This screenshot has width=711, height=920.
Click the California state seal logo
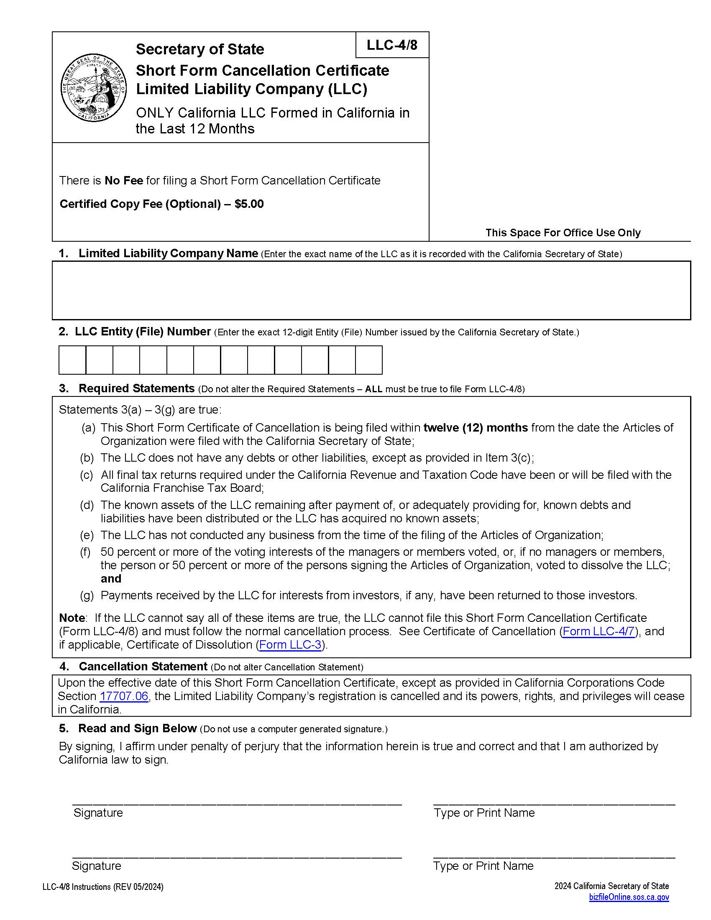click(x=93, y=88)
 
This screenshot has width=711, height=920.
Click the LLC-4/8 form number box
click(x=392, y=45)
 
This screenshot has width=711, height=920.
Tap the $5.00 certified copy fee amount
click(x=249, y=204)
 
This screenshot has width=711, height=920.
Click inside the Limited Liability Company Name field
click(x=371, y=290)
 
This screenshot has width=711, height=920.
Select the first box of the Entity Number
click(x=72, y=360)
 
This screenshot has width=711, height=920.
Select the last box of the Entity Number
click(x=368, y=360)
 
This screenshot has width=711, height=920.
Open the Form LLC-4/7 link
click(x=598, y=631)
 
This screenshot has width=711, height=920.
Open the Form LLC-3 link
click(x=290, y=644)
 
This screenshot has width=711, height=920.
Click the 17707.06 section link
click(x=124, y=696)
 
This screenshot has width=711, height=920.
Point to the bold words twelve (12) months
click(x=475, y=427)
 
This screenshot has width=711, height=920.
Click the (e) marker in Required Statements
click(x=87, y=535)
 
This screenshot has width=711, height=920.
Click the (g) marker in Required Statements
click(x=87, y=595)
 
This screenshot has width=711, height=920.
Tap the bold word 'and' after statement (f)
click(x=111, y=579)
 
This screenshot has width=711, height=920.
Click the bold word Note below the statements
click(x=72, y=618)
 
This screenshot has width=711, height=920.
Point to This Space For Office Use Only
click(x=562, y=233)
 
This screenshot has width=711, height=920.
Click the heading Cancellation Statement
click(x=143, y=667)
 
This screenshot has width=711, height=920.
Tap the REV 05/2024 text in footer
click(x=138, y=887)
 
